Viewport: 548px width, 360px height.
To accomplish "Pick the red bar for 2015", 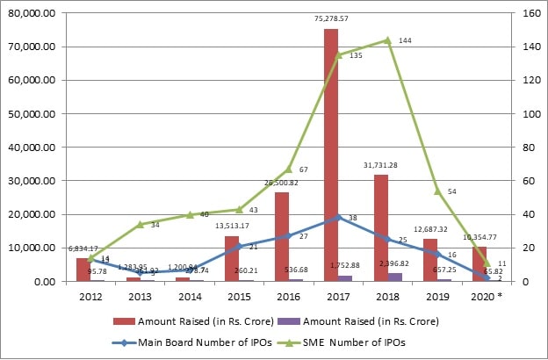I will pyautogui.click(x=232, y=259).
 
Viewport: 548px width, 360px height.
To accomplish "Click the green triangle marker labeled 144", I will pyautogui.click(x=388, y=40).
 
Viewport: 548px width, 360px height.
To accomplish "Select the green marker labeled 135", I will pyautogui.click(x=338, y=55).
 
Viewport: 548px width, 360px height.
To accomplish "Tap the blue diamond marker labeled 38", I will pyautogui.click(x=338, y=218).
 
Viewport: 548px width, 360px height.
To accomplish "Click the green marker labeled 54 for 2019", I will pyautogui.click(x=437, y=191).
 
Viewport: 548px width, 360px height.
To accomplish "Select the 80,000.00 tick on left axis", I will pyautogui.click(x=31, y=13).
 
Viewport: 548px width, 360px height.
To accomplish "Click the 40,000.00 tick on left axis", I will pyautogui.click(x=31, y=148).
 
